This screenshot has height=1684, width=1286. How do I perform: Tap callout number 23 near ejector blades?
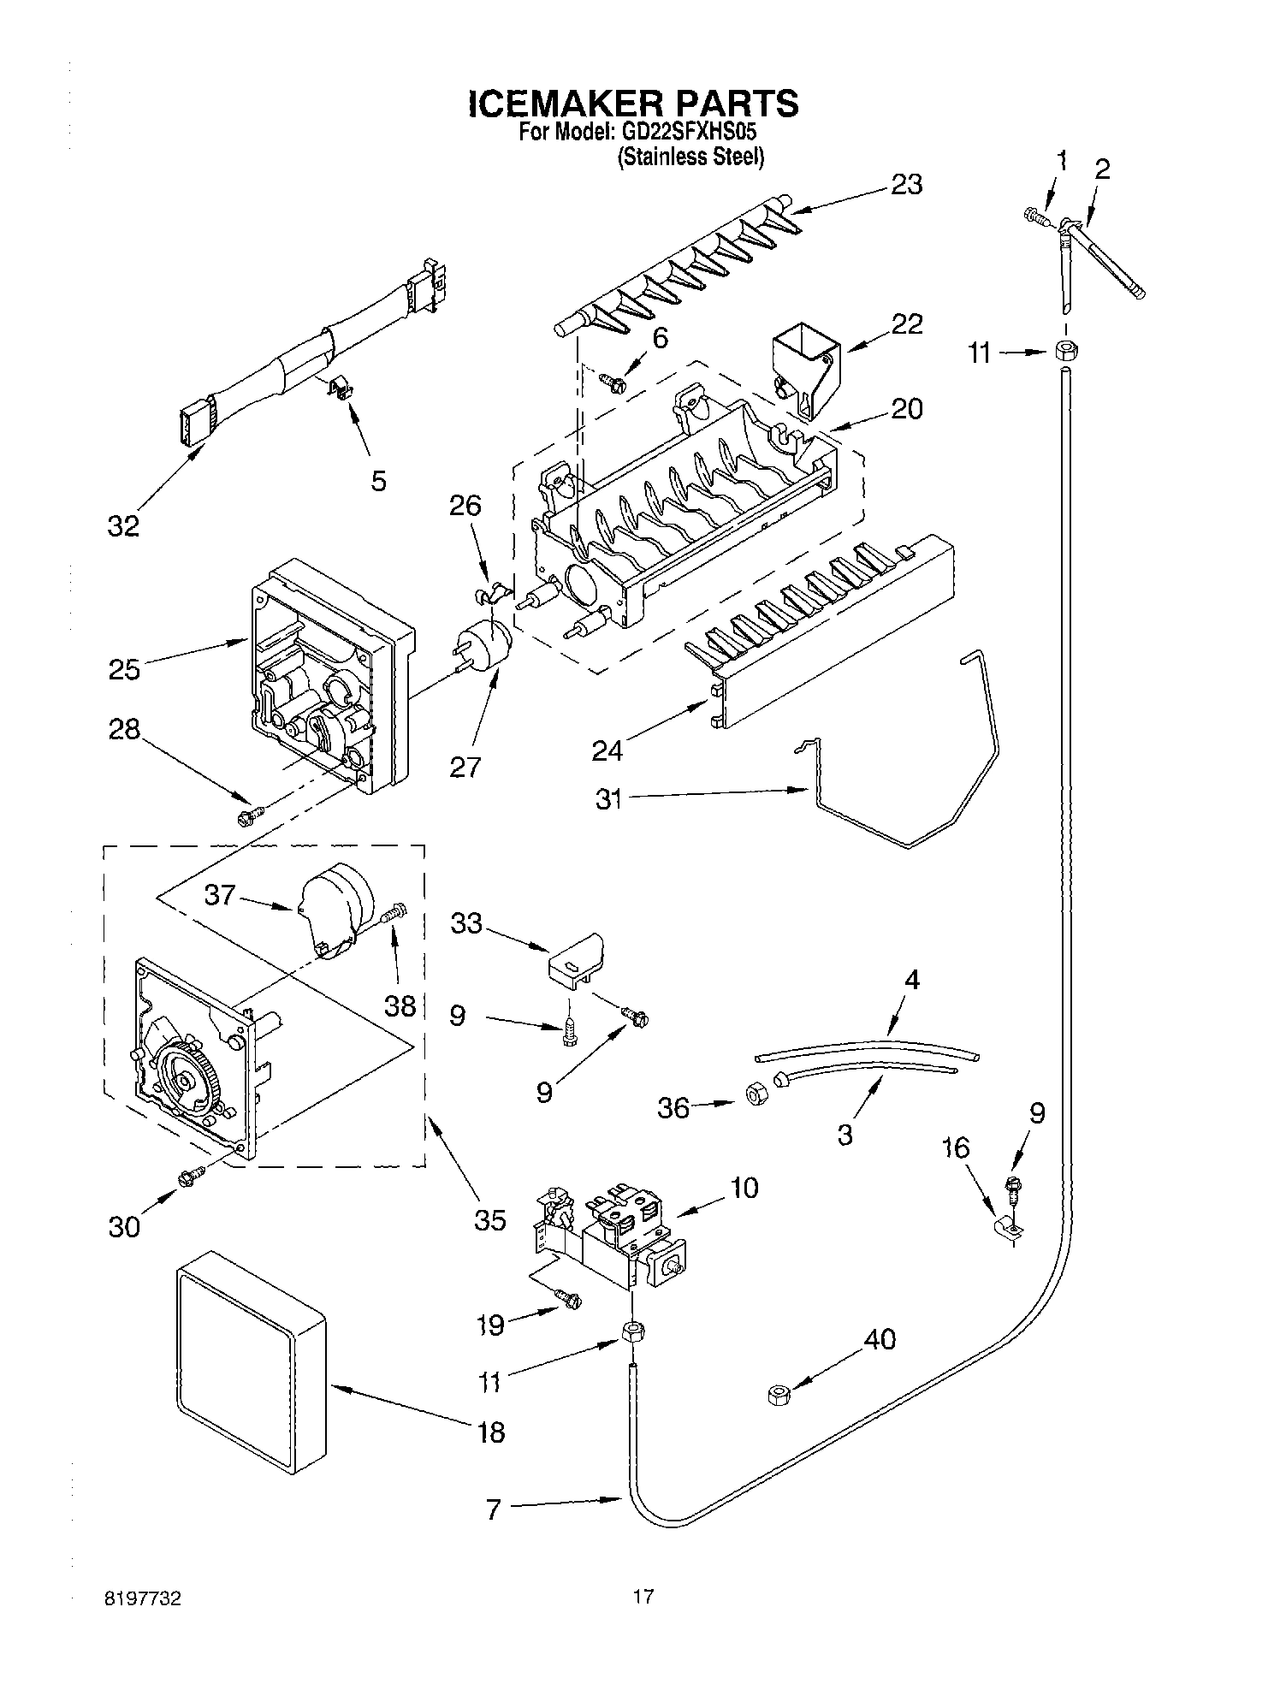click(x=906, y=185)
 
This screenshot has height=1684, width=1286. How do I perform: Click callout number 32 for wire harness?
click(x=123, y=526)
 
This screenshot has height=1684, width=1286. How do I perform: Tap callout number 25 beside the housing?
click(x=124, y=668)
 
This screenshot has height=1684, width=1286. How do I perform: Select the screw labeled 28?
click(x=249, y=817)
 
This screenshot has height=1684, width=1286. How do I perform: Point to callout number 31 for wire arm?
click(x=608, y=802)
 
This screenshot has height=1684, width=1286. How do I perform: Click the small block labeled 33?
click(x=574, y=957)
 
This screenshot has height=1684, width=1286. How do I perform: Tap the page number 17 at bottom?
click(x=643, y=1596)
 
